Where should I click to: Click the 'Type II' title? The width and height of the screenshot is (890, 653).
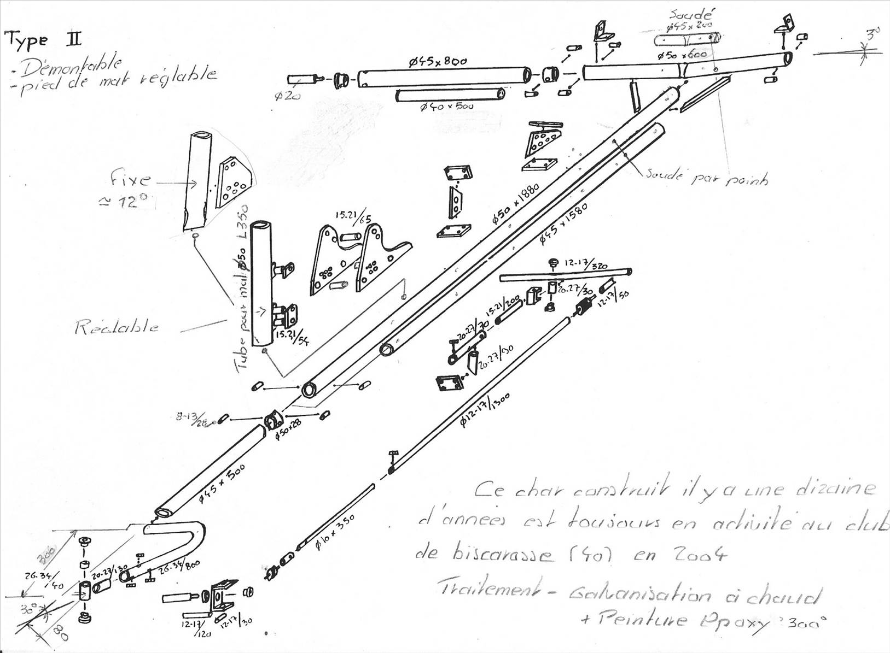pyautogui.click(x=43, y=40)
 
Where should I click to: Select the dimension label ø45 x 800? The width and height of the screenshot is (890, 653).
pyautogui.click(x=438, y=61)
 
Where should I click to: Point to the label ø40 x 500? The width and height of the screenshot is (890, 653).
pyautogui.click(x=446, y=106)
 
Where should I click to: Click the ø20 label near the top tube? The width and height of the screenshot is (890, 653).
pyautogui.click(x=287, y=97)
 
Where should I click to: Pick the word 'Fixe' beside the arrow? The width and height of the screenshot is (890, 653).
pyautogui.click(x=130, y=179)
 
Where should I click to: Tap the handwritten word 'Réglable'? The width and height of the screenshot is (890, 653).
pyautogui.click(x=117, y=327)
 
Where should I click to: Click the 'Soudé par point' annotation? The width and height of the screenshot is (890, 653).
pyautogui.click(x=706, y=177)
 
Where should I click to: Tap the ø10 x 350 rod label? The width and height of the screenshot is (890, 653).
pyautogui.click(x=335, y=531)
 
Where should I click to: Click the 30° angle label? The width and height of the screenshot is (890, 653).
pyautogui.click(x=28, y=609)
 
